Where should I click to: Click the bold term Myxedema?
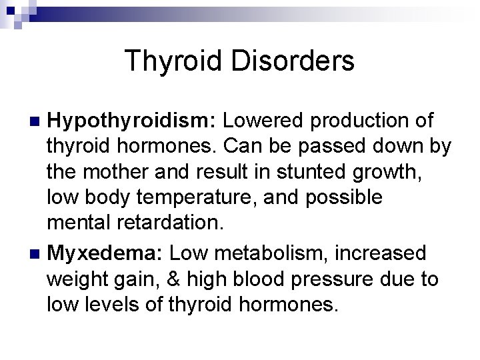coord(106,253)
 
